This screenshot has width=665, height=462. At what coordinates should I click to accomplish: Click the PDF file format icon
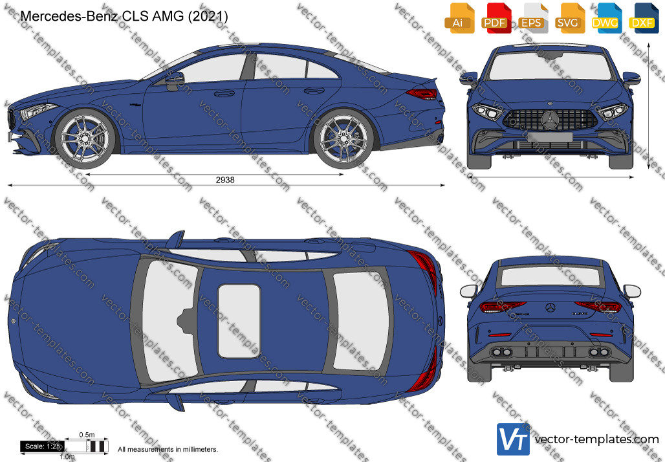pyautogui.click(x=495, y=18)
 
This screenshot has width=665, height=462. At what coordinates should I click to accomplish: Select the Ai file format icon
pyautogui.click(x=457, y=18)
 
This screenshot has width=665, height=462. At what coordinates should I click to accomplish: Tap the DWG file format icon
pyautogui.click(x=605, y=18)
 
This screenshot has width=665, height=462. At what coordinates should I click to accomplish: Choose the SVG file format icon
pyautogui.click(x=569, y=18)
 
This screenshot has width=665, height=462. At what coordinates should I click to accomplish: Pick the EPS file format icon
pyautogui.click(x=531, y=18)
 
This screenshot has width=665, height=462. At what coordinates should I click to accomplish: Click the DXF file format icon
pyautogui.click(x=642, y=18)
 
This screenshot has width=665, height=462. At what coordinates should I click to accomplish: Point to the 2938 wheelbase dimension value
pyautogui.click(x=224, y=180)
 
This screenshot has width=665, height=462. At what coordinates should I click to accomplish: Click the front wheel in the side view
pyautogui.click(x=85, y=138)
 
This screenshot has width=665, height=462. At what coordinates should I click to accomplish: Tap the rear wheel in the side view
pyautogui.click(x=343, y=138)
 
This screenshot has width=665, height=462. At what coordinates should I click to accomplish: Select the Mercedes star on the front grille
pyautogui.click(x=551, y=119)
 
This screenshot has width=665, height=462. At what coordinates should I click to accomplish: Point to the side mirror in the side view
pyautogui.click(x=175, y=81)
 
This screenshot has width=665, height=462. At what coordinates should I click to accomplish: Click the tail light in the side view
pyautogui.click(x=422, y=94)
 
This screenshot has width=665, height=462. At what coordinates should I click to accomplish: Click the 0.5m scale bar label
pyautogui.click(x=87, y=435)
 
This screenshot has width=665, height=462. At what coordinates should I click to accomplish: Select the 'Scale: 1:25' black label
pyautogui.click(x=43, y=446)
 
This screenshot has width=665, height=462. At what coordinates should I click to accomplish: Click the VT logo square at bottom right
pyautogui.click(x=513, y=439)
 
